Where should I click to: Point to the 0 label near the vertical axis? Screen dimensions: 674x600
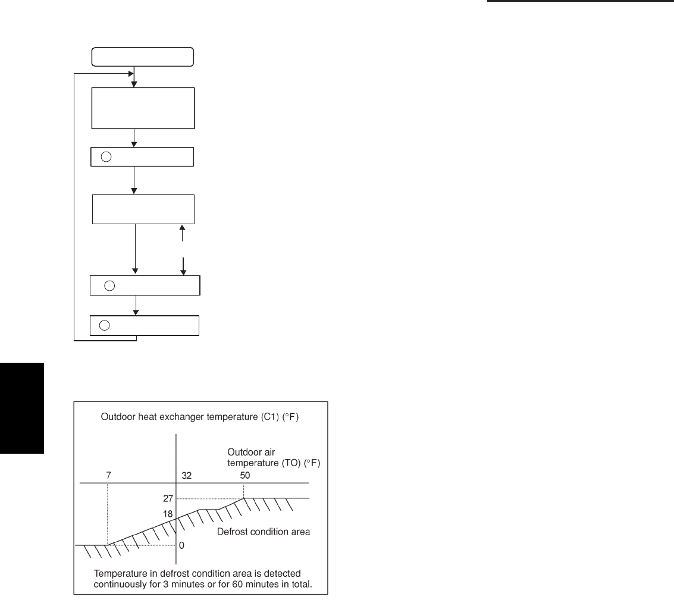tap(181, 545)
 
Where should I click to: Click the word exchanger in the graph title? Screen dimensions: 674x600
tap(171, 417)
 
